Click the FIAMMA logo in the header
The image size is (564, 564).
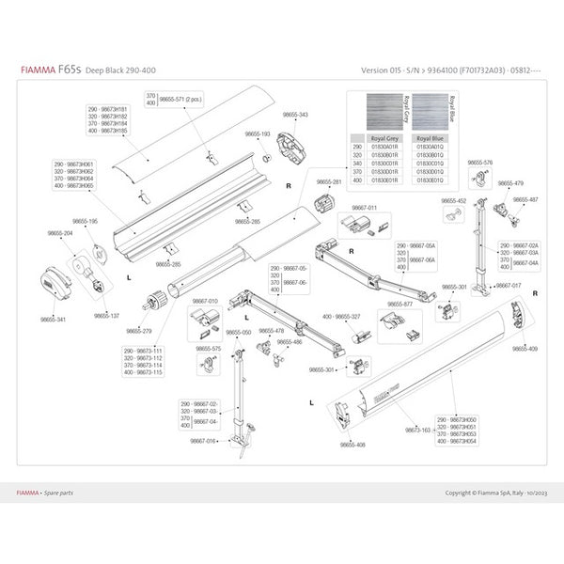pos(38,70)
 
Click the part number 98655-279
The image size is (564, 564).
pos(139,331)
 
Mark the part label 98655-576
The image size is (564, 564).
pos(479,163)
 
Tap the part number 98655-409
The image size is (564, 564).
pos(525,349)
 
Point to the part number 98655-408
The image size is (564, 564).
pos(353,444)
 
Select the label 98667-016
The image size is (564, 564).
pos(204,440)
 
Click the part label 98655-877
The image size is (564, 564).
pos(401,304)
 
